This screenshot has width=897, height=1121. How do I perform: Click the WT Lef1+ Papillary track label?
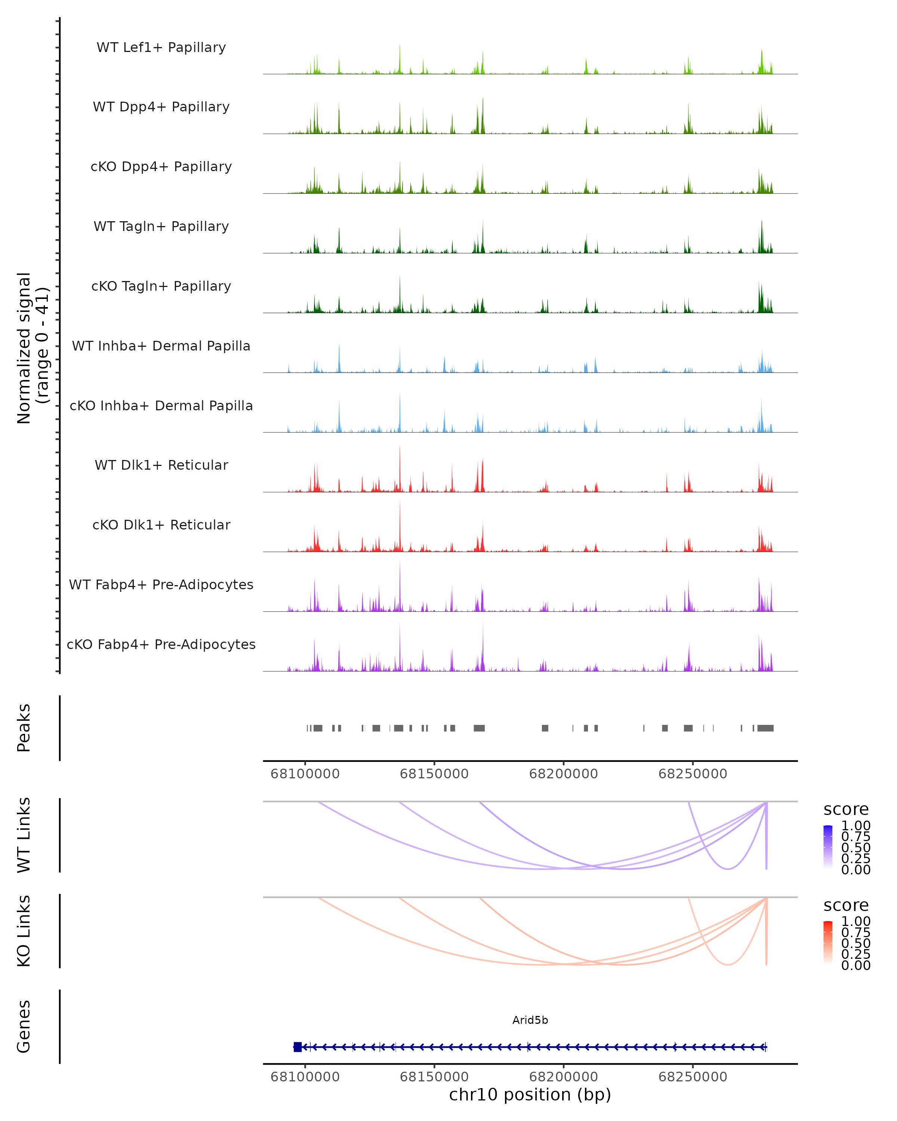click(161, 47)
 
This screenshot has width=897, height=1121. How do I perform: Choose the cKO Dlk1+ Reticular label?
click(161, 525)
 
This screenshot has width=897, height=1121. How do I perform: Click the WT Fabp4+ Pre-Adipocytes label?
click(161, 584)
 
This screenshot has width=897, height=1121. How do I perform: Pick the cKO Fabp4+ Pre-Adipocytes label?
click(161, 644)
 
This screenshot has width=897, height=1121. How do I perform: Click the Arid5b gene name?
click(530, 1020)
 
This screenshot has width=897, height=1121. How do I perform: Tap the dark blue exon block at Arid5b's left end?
click(298, 1047)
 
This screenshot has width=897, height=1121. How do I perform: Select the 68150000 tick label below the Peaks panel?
click(434, 774)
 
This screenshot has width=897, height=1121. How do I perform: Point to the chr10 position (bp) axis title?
click(530, 1095)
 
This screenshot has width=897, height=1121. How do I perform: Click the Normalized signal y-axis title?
click(32, 348)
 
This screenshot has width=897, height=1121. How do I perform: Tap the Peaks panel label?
click(24, 728)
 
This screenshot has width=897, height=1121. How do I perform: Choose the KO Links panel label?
click(24, 931)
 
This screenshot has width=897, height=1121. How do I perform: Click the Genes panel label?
click(24, 1026)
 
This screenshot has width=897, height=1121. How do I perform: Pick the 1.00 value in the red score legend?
click(856, 921)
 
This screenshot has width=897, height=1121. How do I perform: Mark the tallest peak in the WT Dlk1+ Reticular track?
click(400, 448)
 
